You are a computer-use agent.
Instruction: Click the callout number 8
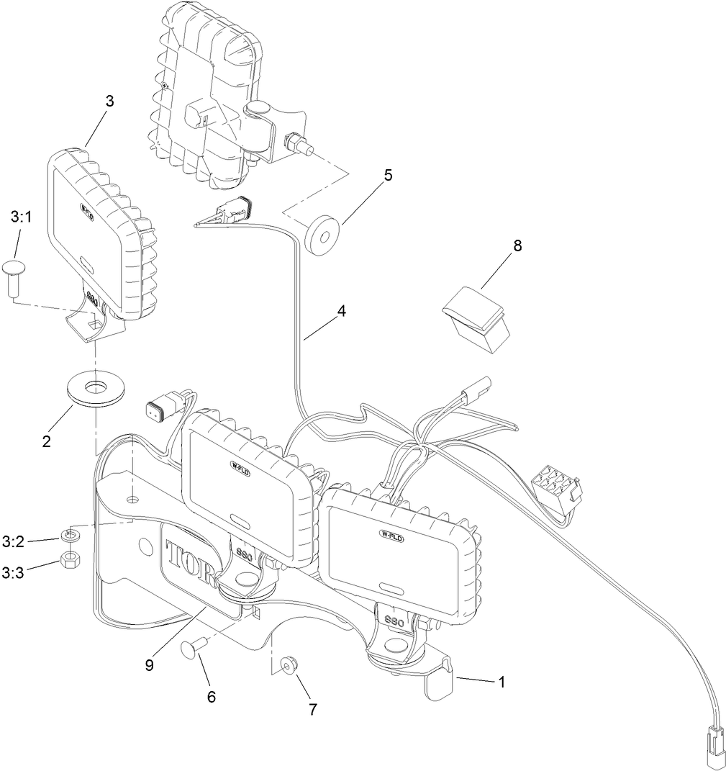coord(517,245)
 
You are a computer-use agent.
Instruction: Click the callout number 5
coord(388,175)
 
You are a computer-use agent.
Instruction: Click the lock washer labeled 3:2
coord(71,535)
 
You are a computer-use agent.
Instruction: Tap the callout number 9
coord(149,665)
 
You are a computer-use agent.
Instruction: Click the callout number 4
coord(342,311)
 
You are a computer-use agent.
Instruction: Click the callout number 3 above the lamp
coord(109,101)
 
